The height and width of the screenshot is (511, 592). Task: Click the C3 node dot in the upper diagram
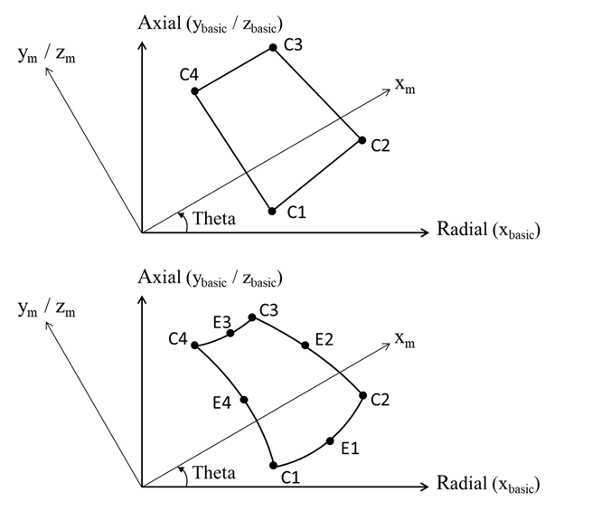[x=272, y=47]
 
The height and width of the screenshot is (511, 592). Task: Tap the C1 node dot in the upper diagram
[x=272, y=211]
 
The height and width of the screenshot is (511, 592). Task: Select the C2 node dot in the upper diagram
[x=362, y=140]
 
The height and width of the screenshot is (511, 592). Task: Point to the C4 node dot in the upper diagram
[x=195, y=90]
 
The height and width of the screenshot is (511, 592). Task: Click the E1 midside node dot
[x=331, y=441]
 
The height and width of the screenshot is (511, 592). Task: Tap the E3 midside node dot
[x=230, y=333]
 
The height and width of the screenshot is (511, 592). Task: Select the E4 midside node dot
[x=245, y=399]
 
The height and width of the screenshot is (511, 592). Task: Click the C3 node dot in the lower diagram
[x=252, y=317]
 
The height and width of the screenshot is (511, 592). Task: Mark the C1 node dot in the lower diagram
[x=273, y=465]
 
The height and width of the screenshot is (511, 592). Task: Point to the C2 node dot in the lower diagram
[x=362, y=395]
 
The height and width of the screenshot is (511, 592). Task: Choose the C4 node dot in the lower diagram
[x=195, y=345]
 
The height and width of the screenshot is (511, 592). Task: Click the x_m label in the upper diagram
[x=405, y=84]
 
